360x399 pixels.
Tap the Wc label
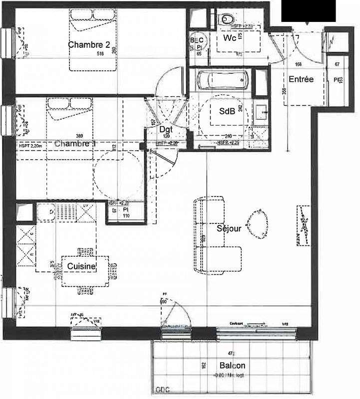click(230, 38)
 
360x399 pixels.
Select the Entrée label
click(301, 79)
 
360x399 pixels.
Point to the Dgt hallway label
click(165, 129)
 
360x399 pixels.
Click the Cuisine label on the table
click(81, 267)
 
